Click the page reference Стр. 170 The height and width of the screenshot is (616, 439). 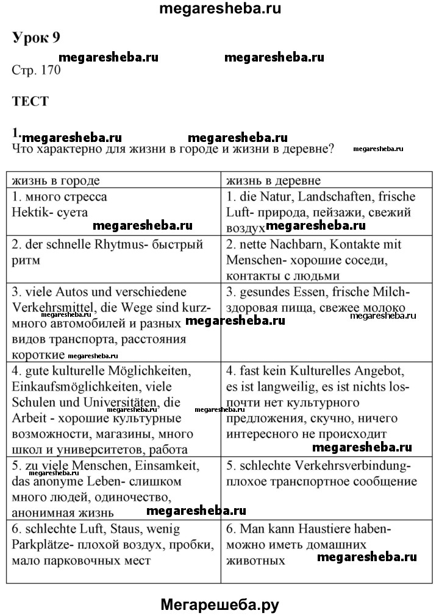36,70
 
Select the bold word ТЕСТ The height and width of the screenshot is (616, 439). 30,102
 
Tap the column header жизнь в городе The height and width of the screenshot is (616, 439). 55,181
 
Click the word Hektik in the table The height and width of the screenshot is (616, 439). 30,213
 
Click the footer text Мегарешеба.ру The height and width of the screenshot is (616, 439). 220,604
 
